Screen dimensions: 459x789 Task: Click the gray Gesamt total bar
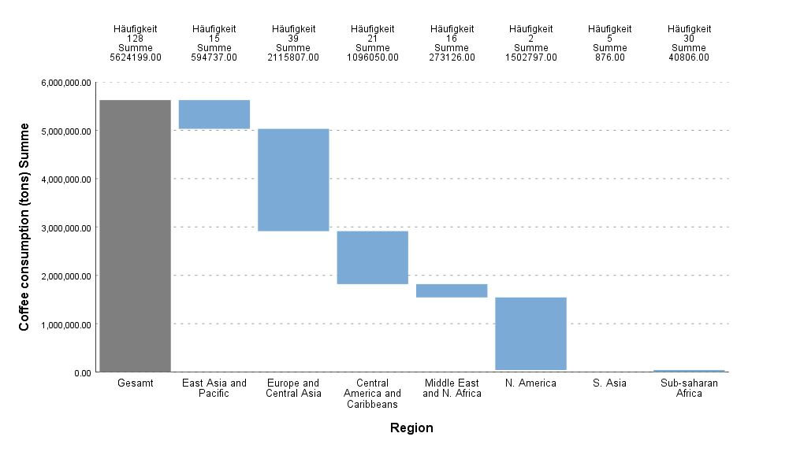pyautogui.click(x=135, y=235)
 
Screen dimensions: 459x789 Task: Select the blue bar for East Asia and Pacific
pyautogui.click(x=214, y=114)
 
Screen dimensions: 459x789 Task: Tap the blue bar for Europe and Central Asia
pyautogui.click(x=294, y=180)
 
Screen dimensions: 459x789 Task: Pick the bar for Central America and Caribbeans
pyautogui.click(x=373, y=257)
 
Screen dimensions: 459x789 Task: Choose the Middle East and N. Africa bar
pyautogui.click(x=452, y=291)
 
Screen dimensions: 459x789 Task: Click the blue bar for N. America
pyautogui.click(x=531, y=334)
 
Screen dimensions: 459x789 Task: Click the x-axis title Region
pyautogui.click(x=411, y=428)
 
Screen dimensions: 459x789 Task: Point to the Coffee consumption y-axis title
pyautogui.click(x=24, y=226)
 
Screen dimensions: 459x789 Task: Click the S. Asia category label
pyautogui.click(x=610, y=383)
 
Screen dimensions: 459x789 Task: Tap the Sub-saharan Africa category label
pyautogui.click(x=689, y=388)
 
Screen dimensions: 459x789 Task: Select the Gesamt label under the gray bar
pyautogui.click(x=135, y=383)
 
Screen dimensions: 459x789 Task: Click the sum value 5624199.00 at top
pyautogui.click(x=135, y=57)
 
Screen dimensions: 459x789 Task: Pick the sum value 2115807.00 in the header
pyautogui.click(x=293, y=57)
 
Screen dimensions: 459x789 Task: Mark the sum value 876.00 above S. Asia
pyautogui.click(x=610, y=57)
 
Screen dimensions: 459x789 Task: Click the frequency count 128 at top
pyautogui.click(x=135, y=39)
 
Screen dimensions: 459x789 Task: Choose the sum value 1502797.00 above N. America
pyautogui.click(x=531, y=57)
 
